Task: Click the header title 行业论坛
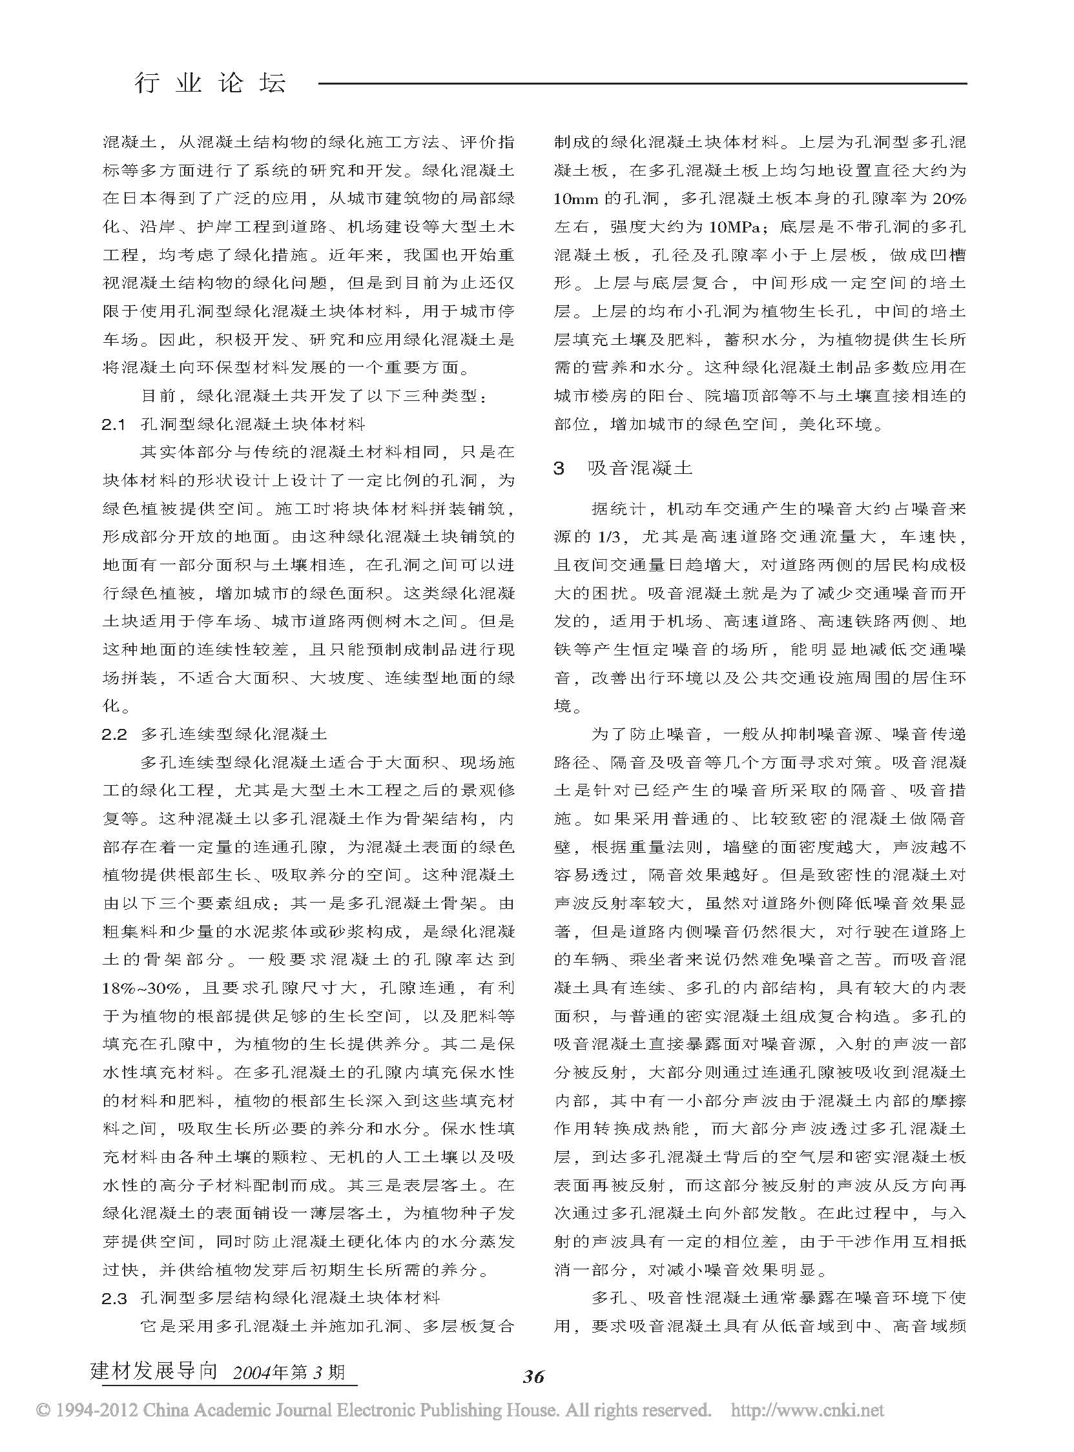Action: (x=209, y=83)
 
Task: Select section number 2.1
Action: (x=114, y=424)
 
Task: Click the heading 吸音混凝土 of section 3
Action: (x=640, y=468)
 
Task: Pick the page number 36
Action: (x=533, y=1376)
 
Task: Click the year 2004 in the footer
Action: (x=251, y=1372)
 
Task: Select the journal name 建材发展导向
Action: (x=154, y=1371)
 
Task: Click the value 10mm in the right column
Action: (x=577, y=199)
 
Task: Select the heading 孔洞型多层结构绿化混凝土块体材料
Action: (x=291, y=1298)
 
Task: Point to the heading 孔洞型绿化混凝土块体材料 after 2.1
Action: (x=253, y=424)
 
